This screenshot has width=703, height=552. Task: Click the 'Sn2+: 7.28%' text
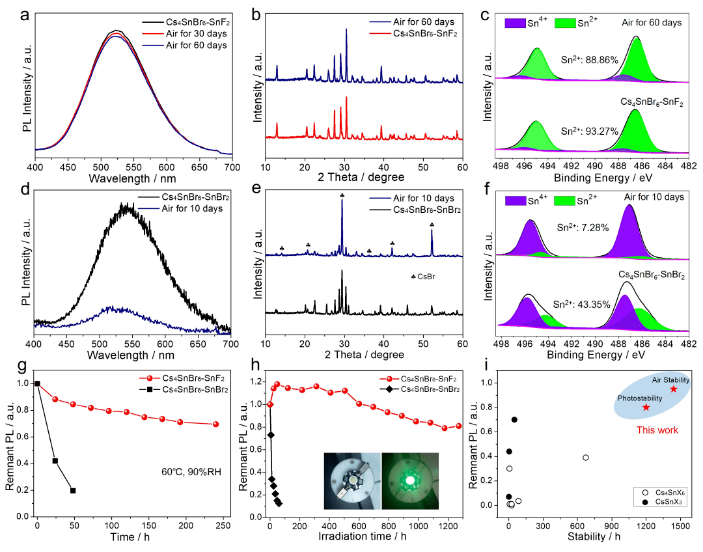tap(586, 228)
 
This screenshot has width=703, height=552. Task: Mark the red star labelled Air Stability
tap(673, 389)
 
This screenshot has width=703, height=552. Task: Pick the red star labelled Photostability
tap(646, 407)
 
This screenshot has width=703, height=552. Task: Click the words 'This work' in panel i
tap(657, 430)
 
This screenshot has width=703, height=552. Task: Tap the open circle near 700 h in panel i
tap(586, 458)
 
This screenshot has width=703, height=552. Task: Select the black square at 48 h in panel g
tap(73, 490)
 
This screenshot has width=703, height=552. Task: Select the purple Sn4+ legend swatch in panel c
tap(516, 23)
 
